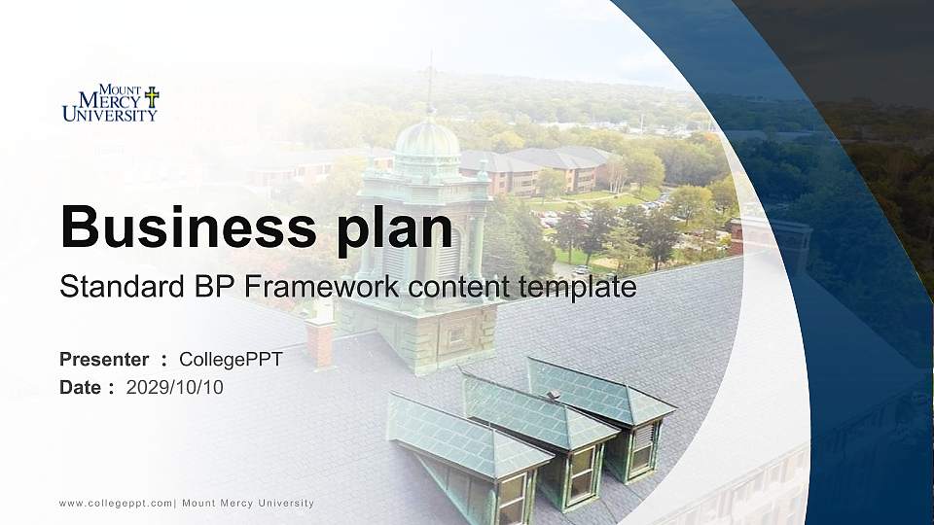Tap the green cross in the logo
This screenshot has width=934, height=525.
[x=152, y=96]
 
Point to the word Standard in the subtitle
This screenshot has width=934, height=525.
[x=117, y=287]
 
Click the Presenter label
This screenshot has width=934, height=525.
[x=104, y=360]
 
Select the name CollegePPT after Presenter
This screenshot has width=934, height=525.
[x=231, y=360]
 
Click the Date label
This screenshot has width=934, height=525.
[x=80, y=388]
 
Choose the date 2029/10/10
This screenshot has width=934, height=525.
[x=175, y=388]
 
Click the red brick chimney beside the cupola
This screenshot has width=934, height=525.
[x=319, y=341]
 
